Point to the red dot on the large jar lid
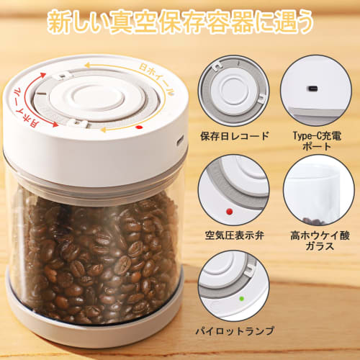tap(138, 127)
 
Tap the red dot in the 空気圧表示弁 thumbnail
tap(229, 212)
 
